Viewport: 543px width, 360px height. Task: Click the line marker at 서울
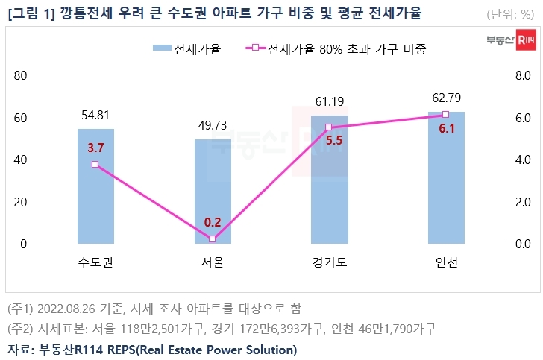point(213,239)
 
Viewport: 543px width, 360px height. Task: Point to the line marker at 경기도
point(329,127)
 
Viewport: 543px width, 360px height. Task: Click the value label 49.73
point(213,126)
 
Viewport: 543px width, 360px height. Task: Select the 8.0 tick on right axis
point(521,77)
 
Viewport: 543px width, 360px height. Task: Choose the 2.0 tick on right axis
point(521,202)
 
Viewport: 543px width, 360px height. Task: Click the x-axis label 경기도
point(329,263)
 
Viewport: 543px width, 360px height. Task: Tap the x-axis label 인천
point(446,263)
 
